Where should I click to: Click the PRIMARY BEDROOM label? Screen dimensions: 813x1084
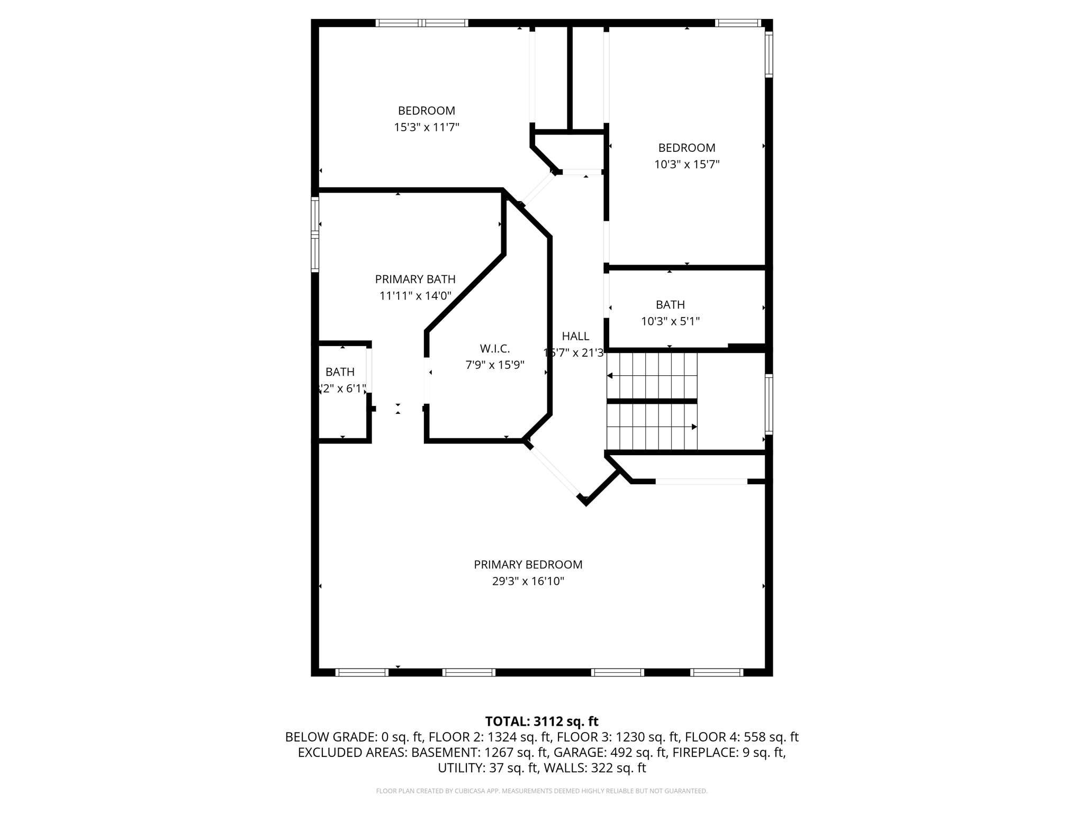coord(528,564)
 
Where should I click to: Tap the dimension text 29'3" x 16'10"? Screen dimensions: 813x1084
coord(528,581)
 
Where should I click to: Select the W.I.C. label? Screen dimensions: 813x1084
coord(494,348)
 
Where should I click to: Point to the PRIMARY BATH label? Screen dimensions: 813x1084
coord(415,279)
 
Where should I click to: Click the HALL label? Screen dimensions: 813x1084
coord(575,336)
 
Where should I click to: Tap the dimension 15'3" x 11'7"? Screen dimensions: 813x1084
coord(426,127)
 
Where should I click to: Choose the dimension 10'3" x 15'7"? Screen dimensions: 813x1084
coord(686,164)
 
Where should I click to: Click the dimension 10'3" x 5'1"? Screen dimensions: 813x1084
coord(670,321)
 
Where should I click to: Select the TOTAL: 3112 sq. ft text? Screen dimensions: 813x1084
coord(541,721)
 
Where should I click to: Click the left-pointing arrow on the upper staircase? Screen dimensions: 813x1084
coord(610,376)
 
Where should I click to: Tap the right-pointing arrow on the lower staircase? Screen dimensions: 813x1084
coord(694,427)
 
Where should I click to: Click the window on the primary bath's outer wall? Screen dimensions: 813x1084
coord(315,234)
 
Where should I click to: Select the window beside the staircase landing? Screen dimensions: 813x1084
coord(769,404)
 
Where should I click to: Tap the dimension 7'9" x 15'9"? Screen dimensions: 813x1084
coord(494,365)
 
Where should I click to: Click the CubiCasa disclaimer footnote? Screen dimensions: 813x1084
coord(541,791)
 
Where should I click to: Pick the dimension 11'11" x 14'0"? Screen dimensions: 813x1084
coord(415,295)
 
